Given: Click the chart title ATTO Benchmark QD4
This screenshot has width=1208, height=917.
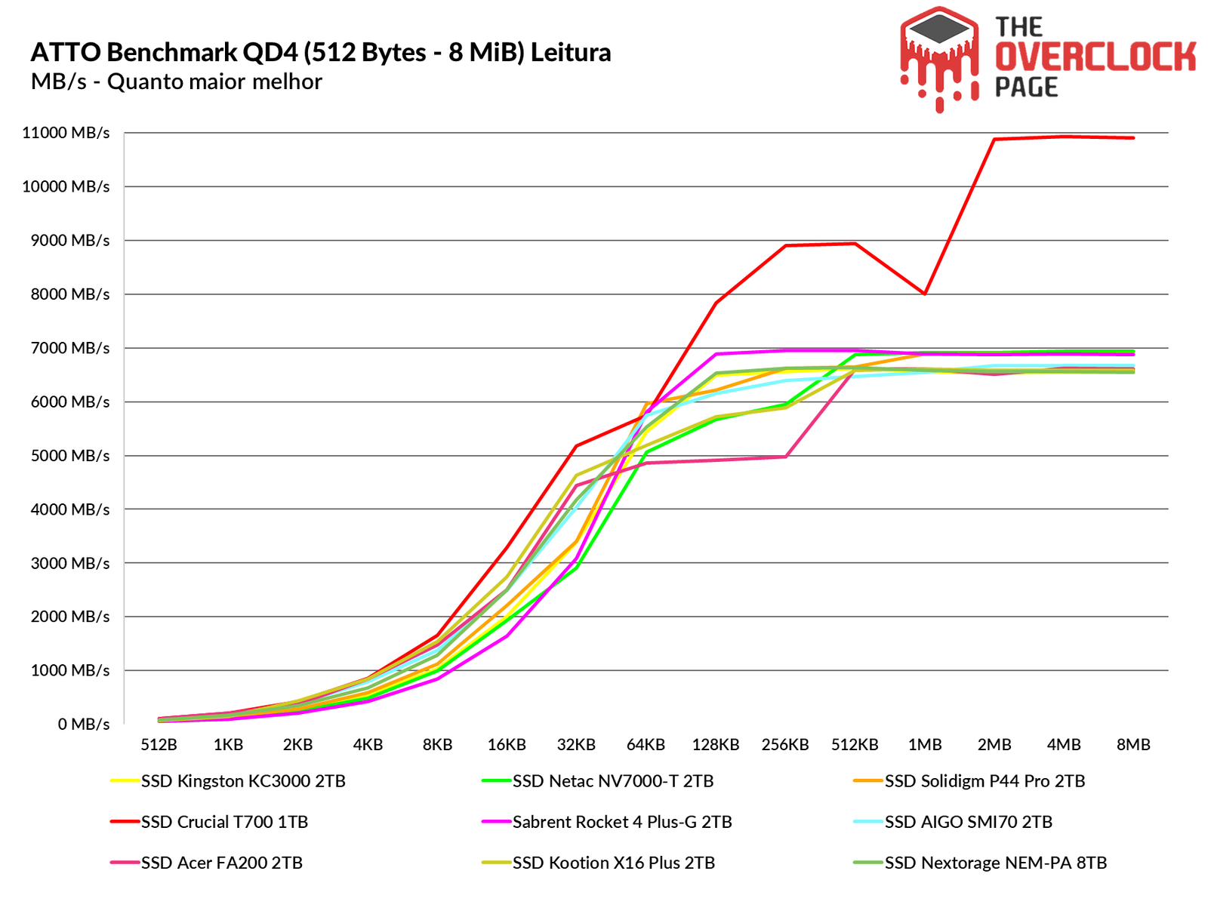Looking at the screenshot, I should point(321,52).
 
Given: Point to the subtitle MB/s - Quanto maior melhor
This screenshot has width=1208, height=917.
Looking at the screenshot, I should point(177,82).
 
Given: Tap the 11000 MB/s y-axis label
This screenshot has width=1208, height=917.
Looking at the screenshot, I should point(66,133).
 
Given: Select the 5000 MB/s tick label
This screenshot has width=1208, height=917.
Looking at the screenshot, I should point(66,456).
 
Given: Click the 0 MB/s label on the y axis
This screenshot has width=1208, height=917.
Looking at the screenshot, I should point(83,725).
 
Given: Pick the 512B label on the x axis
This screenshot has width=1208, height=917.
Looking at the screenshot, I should point(159,745).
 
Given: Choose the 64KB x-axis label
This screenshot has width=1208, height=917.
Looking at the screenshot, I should point(646,745).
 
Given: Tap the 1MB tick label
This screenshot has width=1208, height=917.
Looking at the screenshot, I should point(924,745).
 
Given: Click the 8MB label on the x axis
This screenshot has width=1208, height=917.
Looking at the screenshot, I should point(1133,745).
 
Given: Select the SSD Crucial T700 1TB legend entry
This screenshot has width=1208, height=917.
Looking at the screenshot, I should point(224,822).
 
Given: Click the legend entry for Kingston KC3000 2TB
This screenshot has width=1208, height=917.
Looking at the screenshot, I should point(243,781).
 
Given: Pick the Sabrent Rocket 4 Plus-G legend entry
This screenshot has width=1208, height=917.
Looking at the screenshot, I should point(622,822).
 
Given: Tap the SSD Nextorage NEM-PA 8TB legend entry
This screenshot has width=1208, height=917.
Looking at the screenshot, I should point(995,863).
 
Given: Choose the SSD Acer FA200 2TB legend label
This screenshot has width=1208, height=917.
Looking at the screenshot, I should point(221,863).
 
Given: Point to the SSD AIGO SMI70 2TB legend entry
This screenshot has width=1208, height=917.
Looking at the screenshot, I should point(968,822).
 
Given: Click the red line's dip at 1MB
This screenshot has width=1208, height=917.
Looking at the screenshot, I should point(924,294).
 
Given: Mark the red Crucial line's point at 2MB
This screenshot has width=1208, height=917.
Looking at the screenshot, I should point(994,139).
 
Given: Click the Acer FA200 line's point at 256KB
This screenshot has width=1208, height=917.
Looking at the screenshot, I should point(785,457).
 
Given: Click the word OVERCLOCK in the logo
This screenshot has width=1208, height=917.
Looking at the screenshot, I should point(1095,57).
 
